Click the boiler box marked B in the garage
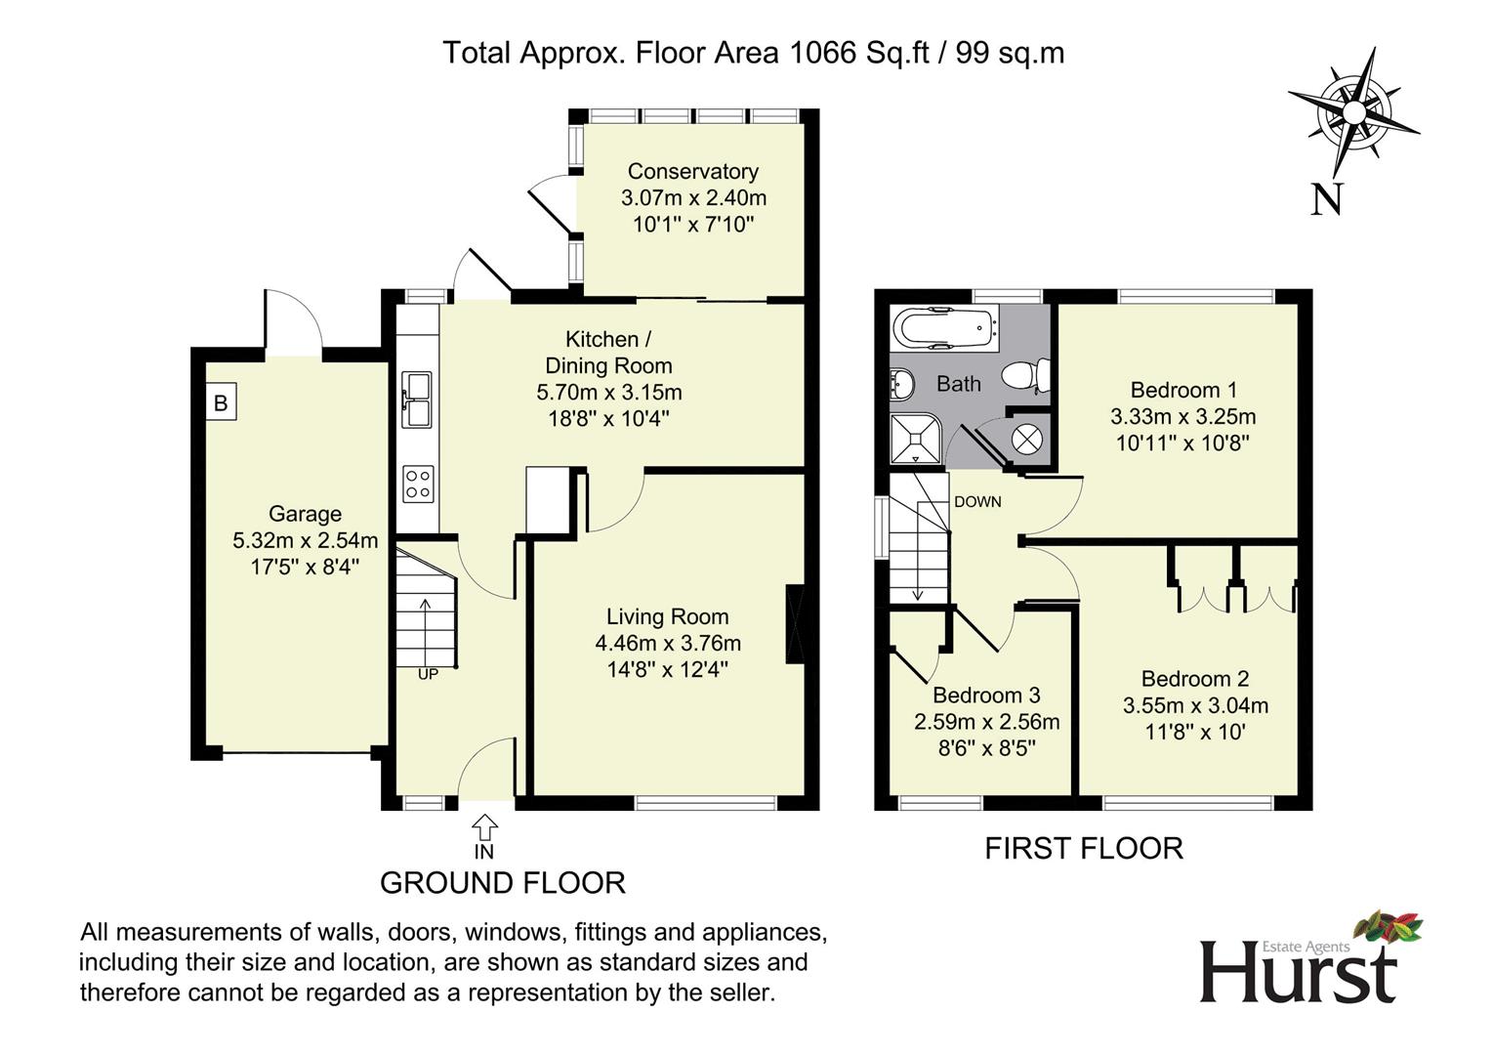click(221, 401)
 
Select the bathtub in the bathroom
click(945, 328)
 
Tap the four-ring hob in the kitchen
click(418, 485)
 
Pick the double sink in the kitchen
click(417, 400)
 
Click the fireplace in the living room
click(795, 624)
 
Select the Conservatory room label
click(693, 171)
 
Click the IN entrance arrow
click(484, 827)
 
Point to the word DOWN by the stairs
click(977, 501)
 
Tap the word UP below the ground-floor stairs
click(428, 674)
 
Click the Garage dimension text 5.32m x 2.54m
click(306, 540)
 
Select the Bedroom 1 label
click(1183, 390)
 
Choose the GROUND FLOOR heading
click(503, 883)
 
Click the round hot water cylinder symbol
click(1027, 440)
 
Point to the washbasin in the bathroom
click(901, 386)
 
